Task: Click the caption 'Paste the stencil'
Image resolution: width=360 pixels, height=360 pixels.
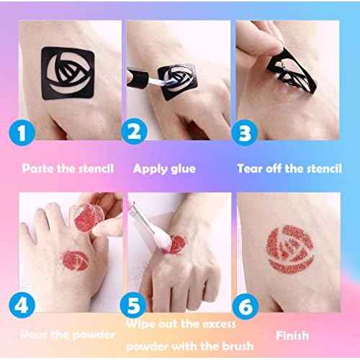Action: click(x=68, y=168)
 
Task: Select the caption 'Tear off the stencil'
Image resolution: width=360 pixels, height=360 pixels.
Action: click(x=289, y=168)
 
